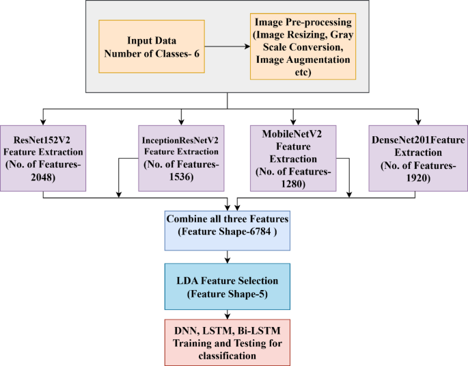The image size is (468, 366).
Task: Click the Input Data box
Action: pos(152,47)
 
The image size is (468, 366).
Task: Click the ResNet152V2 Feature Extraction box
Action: pos(44,158)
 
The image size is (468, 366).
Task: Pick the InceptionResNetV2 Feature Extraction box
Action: pos(180,158)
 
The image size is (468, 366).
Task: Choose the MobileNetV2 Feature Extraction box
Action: pos(292,158)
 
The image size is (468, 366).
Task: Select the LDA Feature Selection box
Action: pos(228,287)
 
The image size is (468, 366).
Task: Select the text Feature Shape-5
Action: pos(228,294)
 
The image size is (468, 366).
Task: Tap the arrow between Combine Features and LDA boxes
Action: pos(228,257)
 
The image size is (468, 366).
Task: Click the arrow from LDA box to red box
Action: pos(228,313)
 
